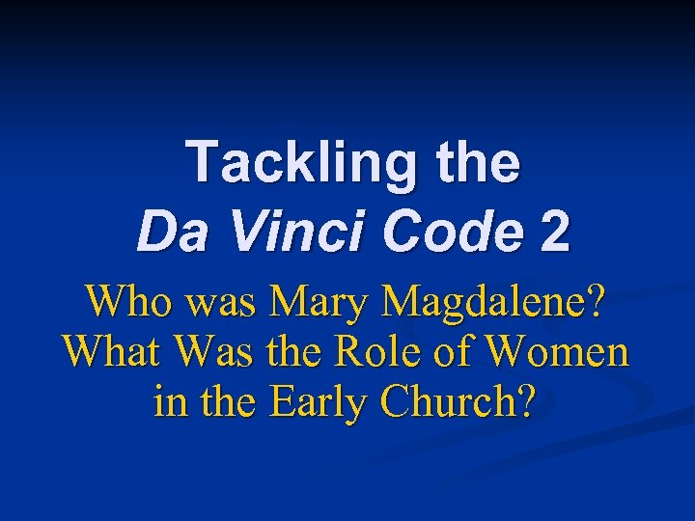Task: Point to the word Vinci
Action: (x=298, y=233)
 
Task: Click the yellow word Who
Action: (x=122, y=302)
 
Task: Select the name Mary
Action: (x=320, y=302)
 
